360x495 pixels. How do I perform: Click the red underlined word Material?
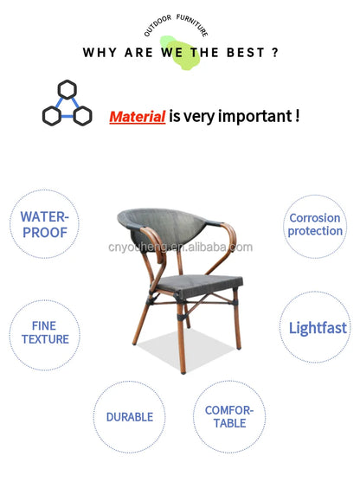coord(138,117)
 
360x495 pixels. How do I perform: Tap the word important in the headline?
coord(255,117)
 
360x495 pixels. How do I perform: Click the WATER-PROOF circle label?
coord(44,224)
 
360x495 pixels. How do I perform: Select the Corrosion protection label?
coord(315,224)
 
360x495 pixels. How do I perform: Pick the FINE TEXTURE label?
coord(45,332)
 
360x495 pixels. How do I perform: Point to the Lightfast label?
coord(318,328)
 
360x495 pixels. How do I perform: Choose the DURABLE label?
coord(130,417)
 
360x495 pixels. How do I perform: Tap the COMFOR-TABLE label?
coord(229,417)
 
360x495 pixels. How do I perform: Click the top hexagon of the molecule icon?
coord(67,90)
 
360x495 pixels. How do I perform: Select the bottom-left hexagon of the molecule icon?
coord(52,116)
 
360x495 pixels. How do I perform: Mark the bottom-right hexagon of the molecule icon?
coord(83,116)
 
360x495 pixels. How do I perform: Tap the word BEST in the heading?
coord(246,53)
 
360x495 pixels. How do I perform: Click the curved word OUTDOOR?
coord(157,25)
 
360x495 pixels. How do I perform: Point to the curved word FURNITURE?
coord(193,25)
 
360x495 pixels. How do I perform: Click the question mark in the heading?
coord(275,52)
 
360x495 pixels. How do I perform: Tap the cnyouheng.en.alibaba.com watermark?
coord(180,247)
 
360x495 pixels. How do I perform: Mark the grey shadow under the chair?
coord(186,349)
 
